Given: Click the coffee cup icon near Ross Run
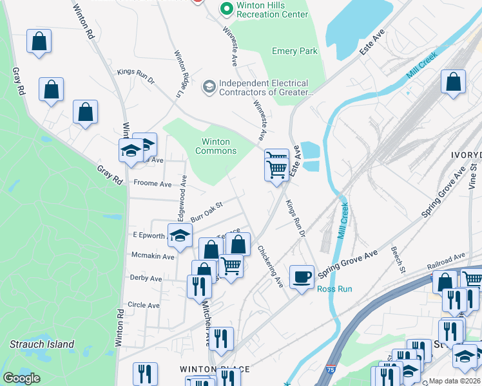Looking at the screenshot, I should (301, 277).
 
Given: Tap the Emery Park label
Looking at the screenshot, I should (295, 51).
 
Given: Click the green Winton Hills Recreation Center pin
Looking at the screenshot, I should (226, 9).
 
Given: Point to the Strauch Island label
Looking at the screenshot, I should (42, 344).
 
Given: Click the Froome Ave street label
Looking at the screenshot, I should (152, 183).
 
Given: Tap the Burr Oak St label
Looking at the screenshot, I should (206, 211).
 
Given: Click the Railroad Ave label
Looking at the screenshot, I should (445, 261).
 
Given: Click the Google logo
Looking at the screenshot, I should (21, 378).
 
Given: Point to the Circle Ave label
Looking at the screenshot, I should (144, 305).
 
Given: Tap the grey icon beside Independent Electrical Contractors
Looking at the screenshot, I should (209, 86).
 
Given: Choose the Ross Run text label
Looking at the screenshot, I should (334, 289).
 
